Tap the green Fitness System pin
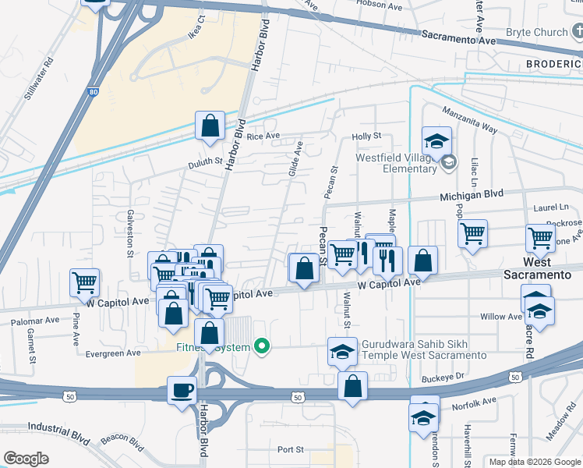click(263, 346)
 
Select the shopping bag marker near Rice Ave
click(210, 126)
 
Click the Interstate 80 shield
click(93, 92)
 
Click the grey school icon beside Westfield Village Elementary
click(448, 162)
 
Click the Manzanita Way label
click(469, 121)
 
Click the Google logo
click(26, 459)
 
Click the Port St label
click(290, 450)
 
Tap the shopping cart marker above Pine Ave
click(84, 282)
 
